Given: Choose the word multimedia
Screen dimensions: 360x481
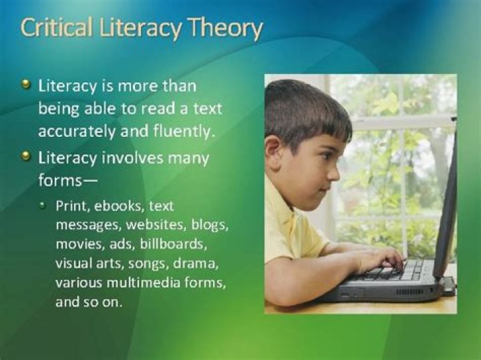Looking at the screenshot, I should [154, 283].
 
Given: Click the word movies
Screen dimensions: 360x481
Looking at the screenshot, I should [77, 243].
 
